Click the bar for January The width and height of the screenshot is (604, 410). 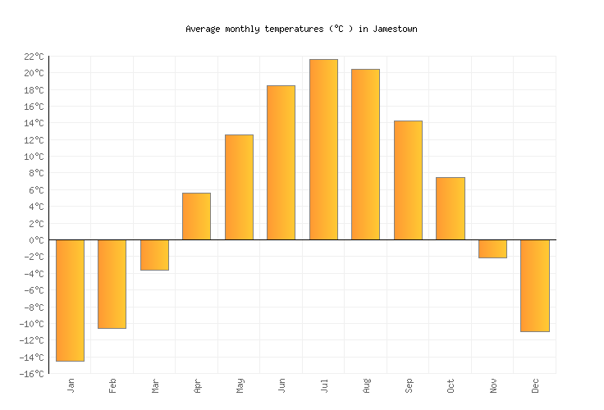pyautogui.click(x=70, y=300)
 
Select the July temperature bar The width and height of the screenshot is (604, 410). pyautogui.click(x=323, y=149)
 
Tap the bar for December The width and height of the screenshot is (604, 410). pyautogui.click(x=534, y=285)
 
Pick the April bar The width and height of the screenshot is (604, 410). pyautogui.click(x=196, y=216)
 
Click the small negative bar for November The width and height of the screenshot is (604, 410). pyautogui.click(x=492, y=248)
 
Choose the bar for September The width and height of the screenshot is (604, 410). pyautogui.click(x=408, y=180)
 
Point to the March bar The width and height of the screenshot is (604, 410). pyautogui.click(x=154, y=255)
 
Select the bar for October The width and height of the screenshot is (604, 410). pyautogui.click(x=450, y=208)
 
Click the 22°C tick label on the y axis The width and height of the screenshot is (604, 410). pyautogui.click(x=33, y=57)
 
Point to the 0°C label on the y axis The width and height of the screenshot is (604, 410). pyautogui.click(x=35, y=240)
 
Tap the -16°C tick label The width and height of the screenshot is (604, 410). pyautogui.click(x=30, y=374)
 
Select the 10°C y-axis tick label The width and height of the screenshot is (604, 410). pyautogui.click(x=33, y=157)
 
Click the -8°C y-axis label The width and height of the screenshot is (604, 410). pyautogui.click(x=33, y=307)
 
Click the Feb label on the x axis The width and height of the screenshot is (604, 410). pyautogui.click(x=112, y=385)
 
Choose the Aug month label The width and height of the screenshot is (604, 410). pyautogui.click(x=366, y=385)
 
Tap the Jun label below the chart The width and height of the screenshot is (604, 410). pyautogui.click(x=281, y=385)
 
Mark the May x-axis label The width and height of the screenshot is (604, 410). pyautogui.click(x=239, y=385)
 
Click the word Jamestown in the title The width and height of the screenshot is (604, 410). pyautogui.click(x=395, y=29)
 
